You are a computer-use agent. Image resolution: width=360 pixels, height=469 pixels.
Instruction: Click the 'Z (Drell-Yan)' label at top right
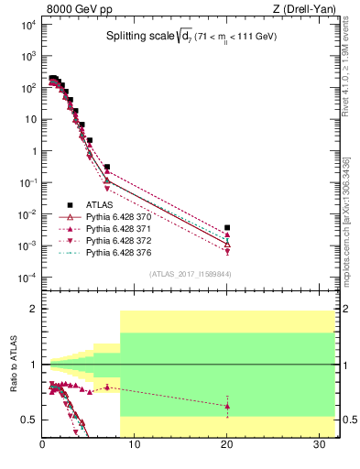tap(309, 9)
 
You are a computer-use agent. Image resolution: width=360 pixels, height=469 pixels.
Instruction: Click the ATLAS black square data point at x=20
tap(227, 227)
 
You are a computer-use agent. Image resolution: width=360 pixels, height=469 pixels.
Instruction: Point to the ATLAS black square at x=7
tap(107, 168)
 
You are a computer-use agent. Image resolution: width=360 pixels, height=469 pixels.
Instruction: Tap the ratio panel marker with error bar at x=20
tap(227, 406)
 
